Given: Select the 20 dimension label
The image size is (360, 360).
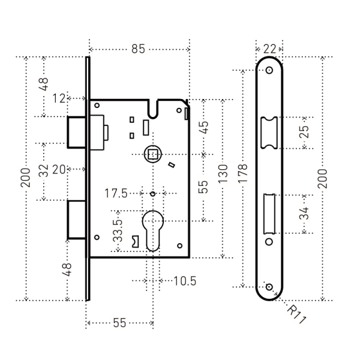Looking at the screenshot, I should (59, 170).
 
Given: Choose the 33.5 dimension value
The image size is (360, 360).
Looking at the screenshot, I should (118, 230).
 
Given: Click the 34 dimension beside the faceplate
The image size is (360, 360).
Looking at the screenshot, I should (304, 212).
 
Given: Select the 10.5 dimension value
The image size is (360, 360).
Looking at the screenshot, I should (183, 280).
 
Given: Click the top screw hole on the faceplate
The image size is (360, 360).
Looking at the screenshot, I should (269, 70).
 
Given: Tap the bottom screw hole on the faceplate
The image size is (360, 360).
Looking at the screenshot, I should (269, 287).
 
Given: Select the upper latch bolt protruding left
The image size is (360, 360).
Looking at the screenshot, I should (76, 130).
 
